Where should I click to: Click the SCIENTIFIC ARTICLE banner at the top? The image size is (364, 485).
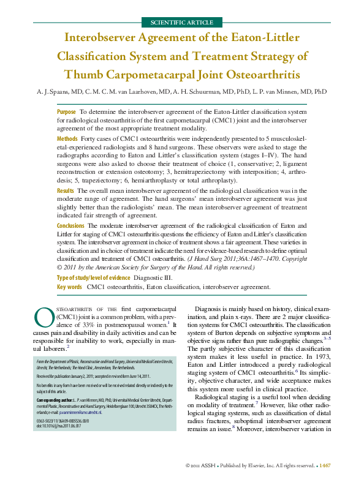[181, 23]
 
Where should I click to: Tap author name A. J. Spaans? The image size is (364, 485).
[53, 92]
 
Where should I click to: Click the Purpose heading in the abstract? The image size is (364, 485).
[66, 113]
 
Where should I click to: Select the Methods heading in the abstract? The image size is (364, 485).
[67, 139]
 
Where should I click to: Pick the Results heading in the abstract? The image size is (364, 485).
[66, 191]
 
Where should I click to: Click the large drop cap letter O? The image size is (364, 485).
[44, 316]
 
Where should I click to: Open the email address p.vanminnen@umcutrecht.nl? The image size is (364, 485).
[89, 430]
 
